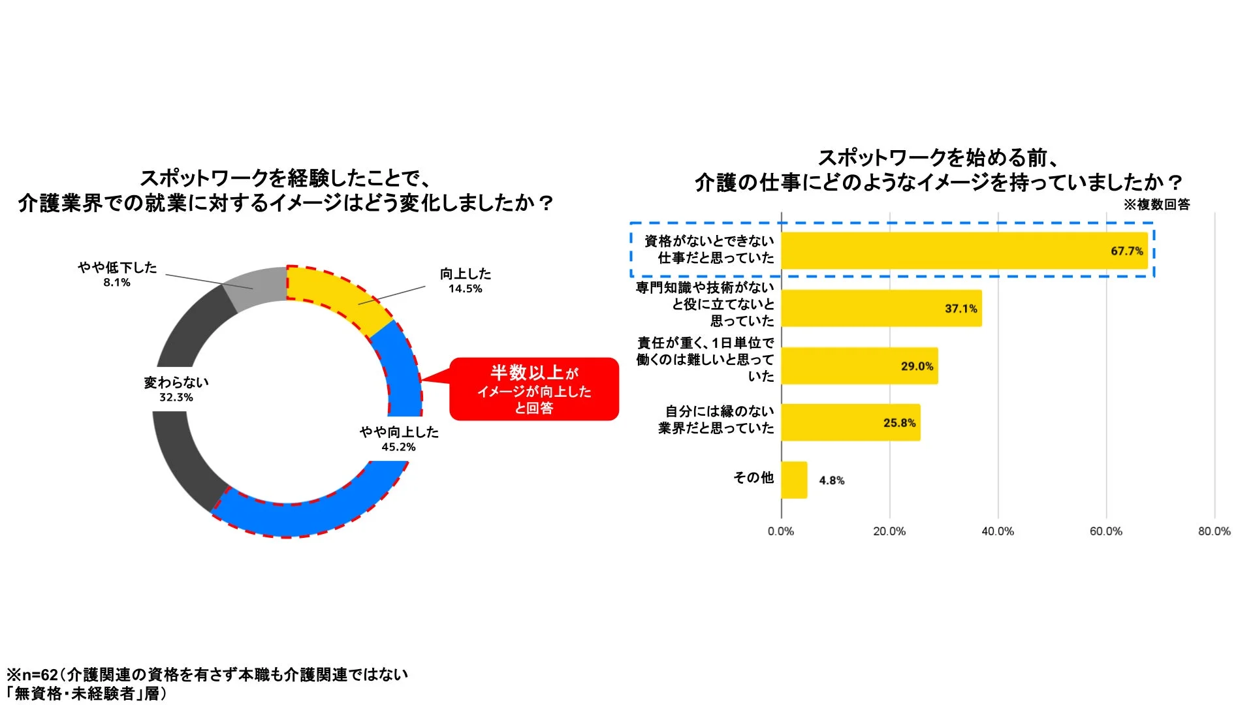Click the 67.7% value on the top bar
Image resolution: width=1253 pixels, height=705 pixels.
[1126, 251]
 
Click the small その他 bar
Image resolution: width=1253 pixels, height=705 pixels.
[794, 480]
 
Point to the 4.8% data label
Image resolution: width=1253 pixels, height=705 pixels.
[831, 480]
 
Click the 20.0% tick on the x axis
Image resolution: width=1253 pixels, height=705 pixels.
[889, 531]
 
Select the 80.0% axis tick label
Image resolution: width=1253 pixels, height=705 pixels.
[1214, 531]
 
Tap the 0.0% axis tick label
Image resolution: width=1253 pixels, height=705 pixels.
[781, 531]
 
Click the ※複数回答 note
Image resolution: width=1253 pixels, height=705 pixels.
[1156, 204]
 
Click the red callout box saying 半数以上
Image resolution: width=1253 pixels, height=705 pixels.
[534, 389]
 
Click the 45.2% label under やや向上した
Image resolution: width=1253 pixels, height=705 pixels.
[398, 447]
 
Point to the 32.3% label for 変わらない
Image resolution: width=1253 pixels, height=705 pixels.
[176, 398]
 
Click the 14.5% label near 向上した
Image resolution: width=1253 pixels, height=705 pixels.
[465, 289]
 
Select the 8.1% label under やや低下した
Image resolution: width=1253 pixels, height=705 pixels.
[117, 283]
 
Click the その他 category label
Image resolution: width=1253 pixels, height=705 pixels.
[753, 478]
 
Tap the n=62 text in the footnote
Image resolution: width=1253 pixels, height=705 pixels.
[39, 675]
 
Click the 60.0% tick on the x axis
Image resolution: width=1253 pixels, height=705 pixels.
[1105, 531]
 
